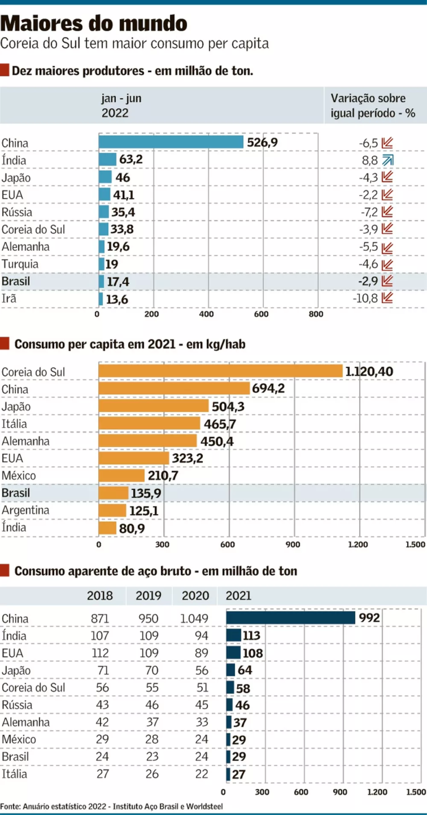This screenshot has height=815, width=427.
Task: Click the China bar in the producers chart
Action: (x=171, y=142)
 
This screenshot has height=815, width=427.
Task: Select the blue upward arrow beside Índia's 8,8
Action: (x=388, y=160)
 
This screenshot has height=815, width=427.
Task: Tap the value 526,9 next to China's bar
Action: (x=262, y=142)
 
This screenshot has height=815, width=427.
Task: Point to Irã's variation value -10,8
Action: (x=365, y=298)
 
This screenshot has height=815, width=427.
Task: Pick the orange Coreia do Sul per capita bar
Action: (x=220, y=371)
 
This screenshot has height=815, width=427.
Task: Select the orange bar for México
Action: (x=122, y=475)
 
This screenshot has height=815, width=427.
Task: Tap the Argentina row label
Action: (x=25, y=510)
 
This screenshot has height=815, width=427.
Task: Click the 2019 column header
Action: (x=149, y=596)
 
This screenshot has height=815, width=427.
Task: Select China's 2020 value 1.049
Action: (x=195, y=619)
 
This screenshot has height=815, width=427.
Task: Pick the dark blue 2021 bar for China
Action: (x=291, y=618)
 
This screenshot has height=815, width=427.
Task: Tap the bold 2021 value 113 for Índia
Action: (x=251, y=636)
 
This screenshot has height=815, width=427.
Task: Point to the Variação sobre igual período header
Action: (x=372, y=106)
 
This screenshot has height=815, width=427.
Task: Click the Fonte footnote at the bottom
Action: (x=112, y=807)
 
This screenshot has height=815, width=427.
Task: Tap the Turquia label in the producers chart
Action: (x=20, y=264)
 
